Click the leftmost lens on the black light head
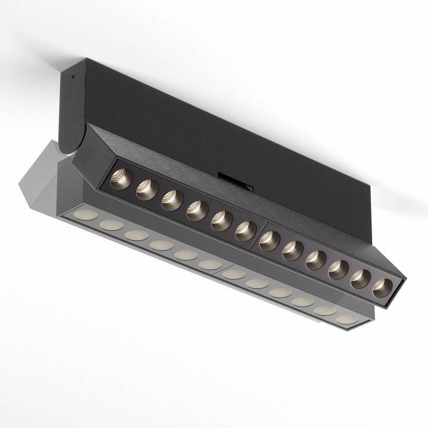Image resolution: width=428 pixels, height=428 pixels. click(x=120, y=178)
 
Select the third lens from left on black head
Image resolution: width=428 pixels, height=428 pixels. click(x=171, y=199)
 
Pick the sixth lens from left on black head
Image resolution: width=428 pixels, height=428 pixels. click(x=245, y=230)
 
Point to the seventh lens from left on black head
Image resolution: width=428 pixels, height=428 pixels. click(x=269, y=240)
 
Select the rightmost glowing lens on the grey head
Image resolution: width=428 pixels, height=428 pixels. click(x=347, y=319)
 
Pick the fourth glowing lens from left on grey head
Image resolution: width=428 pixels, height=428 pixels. click(x=161, y=245)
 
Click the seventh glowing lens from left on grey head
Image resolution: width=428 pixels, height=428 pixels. click(x=234, y=274)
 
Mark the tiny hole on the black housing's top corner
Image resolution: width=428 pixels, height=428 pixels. click(x=72, y=76)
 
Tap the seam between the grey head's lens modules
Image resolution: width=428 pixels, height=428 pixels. click(x=222, y=272)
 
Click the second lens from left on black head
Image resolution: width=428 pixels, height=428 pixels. click(x=146, y=189)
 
